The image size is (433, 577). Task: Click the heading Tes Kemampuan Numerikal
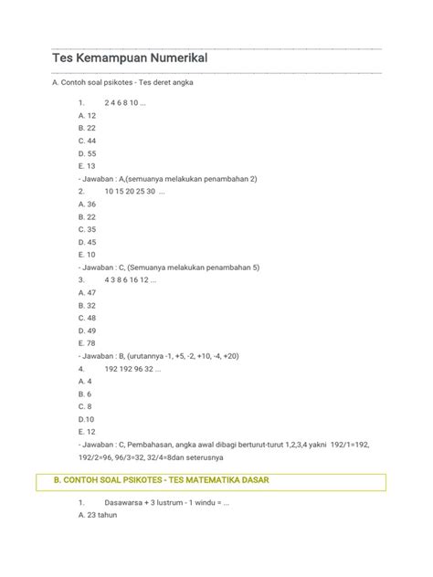pos(130,58)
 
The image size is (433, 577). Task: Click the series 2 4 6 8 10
pos(125,103)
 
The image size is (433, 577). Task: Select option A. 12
pos(88,116)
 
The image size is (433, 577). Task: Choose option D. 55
pos(88,153)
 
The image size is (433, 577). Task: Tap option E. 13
pos(88,166)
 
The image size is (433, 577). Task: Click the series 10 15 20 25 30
pos(135,192)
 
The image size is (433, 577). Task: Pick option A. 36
pos(88,205)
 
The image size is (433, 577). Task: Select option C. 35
pos(88,230)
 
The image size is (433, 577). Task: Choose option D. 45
pos(88,243)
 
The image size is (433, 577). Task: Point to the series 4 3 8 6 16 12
pos(131,280)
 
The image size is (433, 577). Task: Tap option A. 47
pos(88,293)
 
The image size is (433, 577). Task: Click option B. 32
pos(88,306)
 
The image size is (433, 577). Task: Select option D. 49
pos(88,330)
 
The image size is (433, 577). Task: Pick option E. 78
pos(88,343)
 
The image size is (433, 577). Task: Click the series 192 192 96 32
pos(132,369)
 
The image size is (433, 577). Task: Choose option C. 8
pos(86,406)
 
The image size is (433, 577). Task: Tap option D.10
pos(88,419)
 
